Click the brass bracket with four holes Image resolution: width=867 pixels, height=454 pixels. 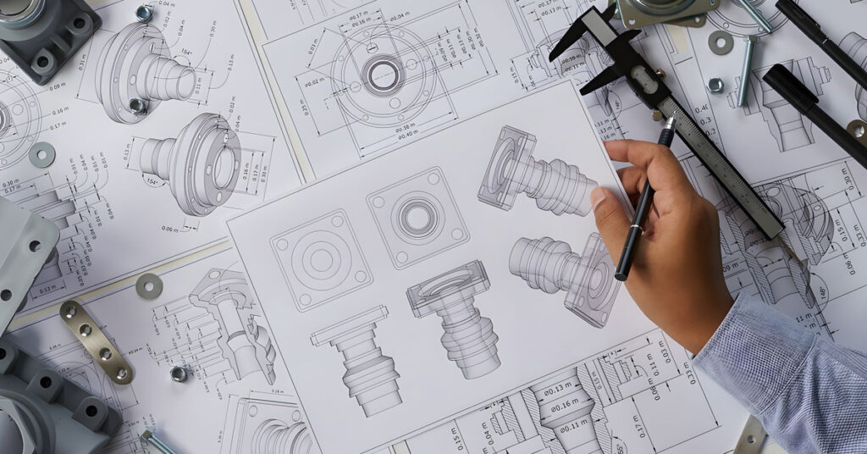click(x=95, y=341)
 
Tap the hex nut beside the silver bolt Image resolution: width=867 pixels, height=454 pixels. click(x=715, y=85)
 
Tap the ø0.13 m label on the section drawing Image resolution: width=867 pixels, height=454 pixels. click(x=559, y=390)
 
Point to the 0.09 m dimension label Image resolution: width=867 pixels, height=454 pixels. click(x=58, y=86)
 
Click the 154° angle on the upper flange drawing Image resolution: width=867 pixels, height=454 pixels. click(x=187, y=53)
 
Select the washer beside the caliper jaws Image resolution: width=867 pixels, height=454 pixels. click(x=721, y=42)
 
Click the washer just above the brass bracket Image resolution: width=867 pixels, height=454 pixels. click(x=149, y=286)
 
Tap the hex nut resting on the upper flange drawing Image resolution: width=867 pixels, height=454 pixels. click(x=138, y=106)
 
